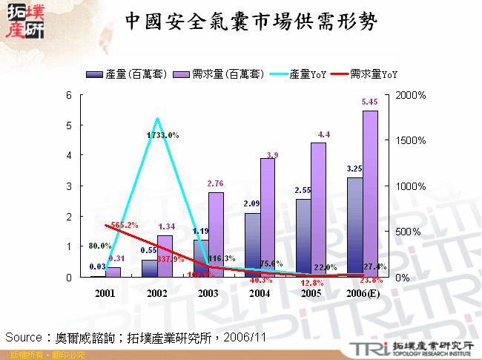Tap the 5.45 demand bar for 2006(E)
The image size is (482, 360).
click(x=370, y=193)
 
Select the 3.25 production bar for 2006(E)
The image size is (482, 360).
click(x=355, y=226)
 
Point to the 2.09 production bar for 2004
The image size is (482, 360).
click(x=253, y=245)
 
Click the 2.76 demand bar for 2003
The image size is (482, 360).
click(x=216, y=234)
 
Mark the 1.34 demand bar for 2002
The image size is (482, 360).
click(x=165, y=256)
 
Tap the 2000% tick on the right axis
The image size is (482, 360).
click(x=411, y=95)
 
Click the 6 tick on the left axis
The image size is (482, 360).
click(x=69, y=95)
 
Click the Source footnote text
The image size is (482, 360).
click(x=136, y=336)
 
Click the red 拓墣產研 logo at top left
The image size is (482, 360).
click(x=25, y=22)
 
